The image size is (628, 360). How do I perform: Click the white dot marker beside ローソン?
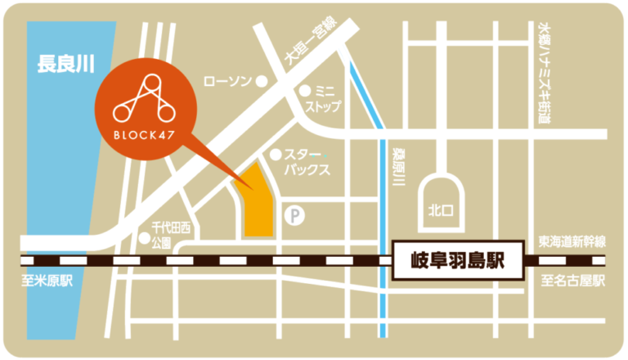(x=261, y=81)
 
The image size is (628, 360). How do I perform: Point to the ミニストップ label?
(x=322, y=99)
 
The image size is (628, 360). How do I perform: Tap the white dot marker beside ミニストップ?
(x=304, y=90)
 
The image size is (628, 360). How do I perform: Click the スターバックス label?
(x=307, y=162)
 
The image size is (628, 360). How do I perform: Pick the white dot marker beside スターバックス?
(x=276, y=154)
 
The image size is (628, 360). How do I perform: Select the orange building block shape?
(x=254, y=200)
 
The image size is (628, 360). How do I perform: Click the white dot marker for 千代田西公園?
(x=145, y=238)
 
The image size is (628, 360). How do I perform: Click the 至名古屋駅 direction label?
(x=572, y=281)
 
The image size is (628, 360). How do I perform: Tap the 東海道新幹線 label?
(x=572, y=241)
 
